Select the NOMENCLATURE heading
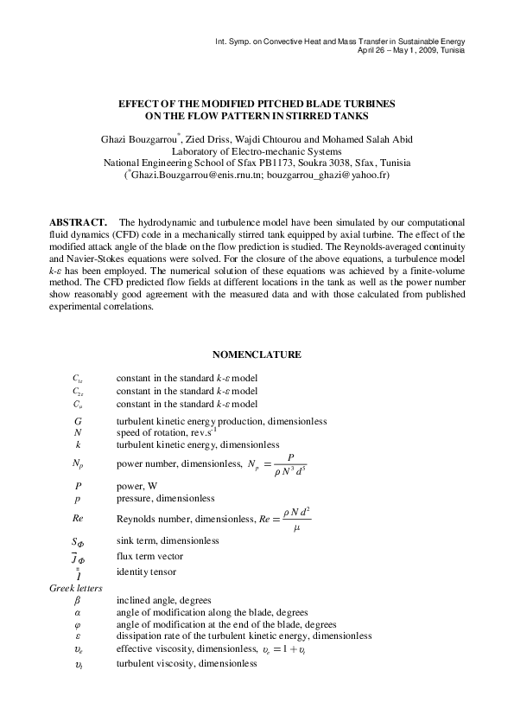point(257,354)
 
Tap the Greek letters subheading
point(77,588)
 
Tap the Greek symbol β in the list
point(77,600)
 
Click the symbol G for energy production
point(77,421)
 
